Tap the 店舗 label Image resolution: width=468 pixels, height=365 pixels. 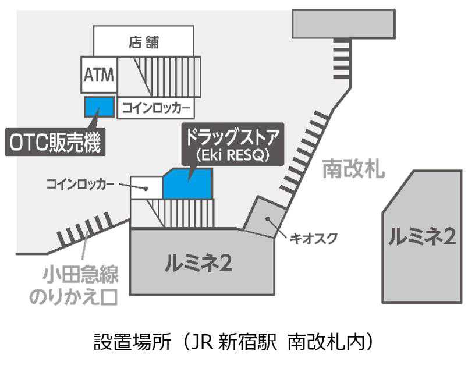click(143, 42)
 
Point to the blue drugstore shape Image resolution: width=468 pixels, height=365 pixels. click(187, 183)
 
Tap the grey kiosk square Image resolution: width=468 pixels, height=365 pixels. click(265, 217)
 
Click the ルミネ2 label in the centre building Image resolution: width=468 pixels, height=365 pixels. click(199, 264)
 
